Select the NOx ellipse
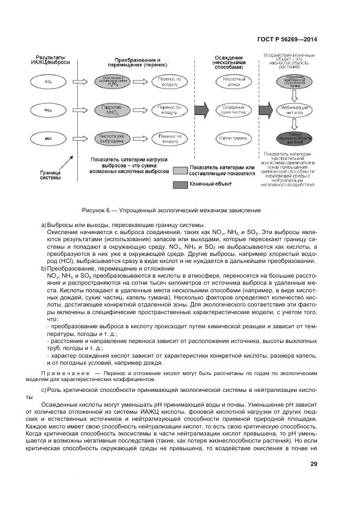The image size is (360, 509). pos(48,110)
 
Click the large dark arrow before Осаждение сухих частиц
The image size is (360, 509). pos(201,109)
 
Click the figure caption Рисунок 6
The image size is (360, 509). pos(171,210)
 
